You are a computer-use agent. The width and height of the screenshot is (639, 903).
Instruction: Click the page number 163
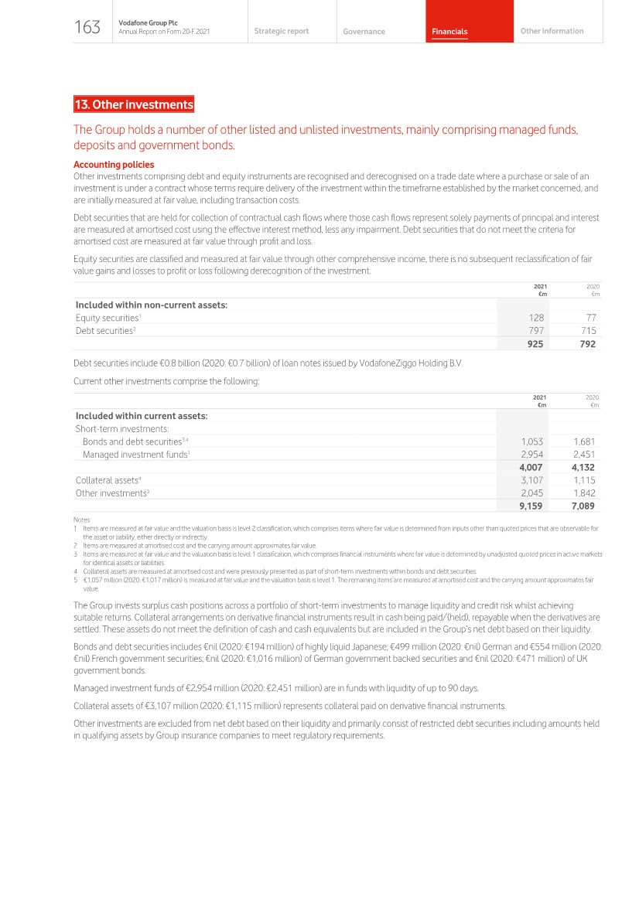(x=87, y=28)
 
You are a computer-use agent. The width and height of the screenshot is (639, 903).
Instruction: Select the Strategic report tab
(x=281, y=31)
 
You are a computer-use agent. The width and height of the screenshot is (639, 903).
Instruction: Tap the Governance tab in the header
(x=364, y=32)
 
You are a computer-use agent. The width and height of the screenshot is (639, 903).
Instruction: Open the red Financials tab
(x=449, y=32)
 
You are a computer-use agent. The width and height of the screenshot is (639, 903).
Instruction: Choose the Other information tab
(x=552, y=31)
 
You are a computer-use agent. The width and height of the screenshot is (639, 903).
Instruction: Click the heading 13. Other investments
(x=134, y=104)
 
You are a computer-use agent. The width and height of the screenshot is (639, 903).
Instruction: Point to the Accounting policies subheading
(x=114, y=165)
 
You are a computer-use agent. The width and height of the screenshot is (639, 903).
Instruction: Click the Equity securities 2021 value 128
(x=536, y=318)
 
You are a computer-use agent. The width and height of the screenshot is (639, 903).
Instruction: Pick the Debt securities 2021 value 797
(x=535, y=331)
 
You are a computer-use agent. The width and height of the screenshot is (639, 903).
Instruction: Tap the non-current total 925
(x=535, y=344)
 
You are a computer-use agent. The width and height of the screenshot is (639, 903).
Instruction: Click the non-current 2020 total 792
(x=587, y=344)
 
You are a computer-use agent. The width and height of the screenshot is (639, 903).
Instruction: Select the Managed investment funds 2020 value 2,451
(x=584, y=455)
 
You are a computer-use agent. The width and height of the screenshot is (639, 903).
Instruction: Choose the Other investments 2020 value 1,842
(x=584, y=493)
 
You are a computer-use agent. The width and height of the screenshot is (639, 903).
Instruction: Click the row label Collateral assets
(x=107, y=480)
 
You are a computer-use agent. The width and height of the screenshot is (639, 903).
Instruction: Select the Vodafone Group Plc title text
(x=148, y=23)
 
